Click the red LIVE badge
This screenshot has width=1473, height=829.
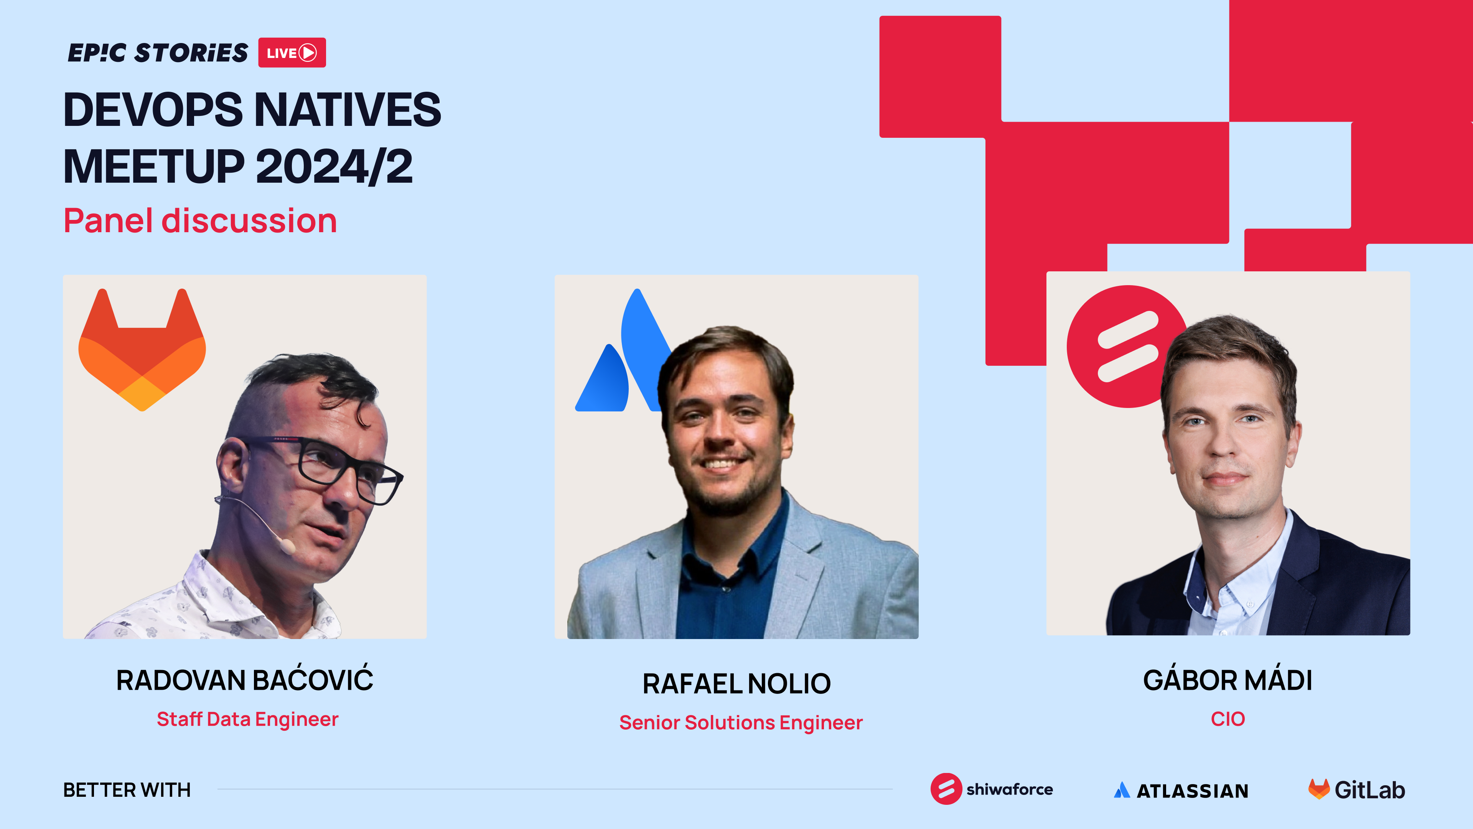[292, 53]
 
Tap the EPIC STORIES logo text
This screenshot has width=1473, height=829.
[158, 53]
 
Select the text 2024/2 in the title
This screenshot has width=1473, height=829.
[334, 167]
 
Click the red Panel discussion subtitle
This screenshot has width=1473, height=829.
[200, 221]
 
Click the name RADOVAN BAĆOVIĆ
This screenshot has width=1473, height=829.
[245, 680]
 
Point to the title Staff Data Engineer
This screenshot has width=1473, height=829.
[247, 719]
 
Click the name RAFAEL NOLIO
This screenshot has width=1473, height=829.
[736, 684]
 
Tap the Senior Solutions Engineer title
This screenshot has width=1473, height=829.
[740, 723]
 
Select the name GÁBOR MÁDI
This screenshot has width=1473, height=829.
[1227, 680]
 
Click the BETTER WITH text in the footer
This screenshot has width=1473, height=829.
[127, 790]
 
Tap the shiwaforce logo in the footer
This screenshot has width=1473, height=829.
[992, 789]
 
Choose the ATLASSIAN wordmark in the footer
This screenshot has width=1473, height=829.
[1181, 791]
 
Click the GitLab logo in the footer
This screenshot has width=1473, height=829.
[1356, 789]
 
